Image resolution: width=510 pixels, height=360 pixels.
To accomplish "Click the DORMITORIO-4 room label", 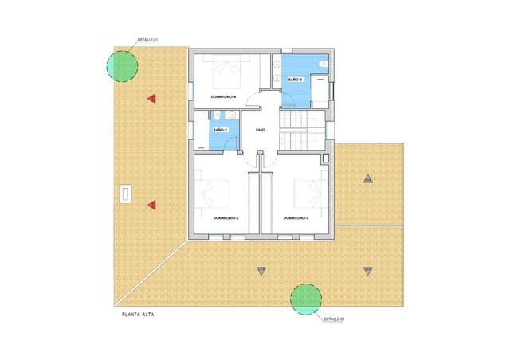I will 223,96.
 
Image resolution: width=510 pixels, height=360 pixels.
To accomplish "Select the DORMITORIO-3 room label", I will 296,217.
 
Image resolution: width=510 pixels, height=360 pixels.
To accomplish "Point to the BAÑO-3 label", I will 295,80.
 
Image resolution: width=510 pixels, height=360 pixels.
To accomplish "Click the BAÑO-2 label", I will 220,130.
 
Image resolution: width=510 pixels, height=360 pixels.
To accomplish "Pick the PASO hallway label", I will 260,130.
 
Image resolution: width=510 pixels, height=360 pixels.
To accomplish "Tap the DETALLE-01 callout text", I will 149,39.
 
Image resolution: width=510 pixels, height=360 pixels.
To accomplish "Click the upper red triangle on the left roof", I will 151,99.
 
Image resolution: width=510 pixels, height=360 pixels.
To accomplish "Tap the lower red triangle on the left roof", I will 151,205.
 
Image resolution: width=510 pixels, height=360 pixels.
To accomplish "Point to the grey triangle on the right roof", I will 367,178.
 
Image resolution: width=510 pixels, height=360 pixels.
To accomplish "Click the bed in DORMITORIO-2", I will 218,194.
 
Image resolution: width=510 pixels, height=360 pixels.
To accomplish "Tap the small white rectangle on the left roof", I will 124,194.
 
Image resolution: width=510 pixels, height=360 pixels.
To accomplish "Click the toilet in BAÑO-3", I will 323,65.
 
